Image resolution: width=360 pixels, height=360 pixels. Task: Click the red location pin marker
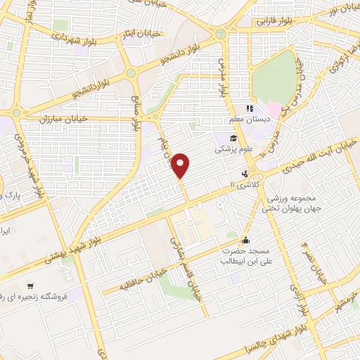click(x=181, y=165)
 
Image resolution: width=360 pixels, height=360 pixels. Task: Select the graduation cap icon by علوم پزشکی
click(x=233, y=137)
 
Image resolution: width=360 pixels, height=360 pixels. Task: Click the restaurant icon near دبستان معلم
click(x=248, y=108)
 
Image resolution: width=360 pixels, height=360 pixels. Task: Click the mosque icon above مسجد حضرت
click(x=245, y=238)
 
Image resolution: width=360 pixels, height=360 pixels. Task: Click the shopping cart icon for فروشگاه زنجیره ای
click(x=30, y=285)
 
